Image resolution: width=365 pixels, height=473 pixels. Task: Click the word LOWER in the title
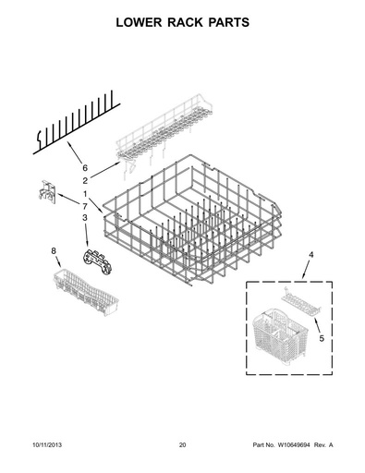click(x=139, y=22)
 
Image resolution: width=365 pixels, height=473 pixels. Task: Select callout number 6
click(x=85, y=168)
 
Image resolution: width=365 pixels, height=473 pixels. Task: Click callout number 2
click(x=85, y=181)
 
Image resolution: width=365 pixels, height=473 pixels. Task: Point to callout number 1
click(x=85, y=194)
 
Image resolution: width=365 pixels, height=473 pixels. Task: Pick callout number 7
click(x=85, y=206)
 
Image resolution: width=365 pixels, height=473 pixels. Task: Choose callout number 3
click(x=85, y=218)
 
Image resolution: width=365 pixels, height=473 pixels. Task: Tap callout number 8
click(x=54, y=251)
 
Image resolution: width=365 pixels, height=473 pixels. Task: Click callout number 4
click(x=311, y=255)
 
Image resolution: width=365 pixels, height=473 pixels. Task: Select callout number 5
click(x=322, y=338)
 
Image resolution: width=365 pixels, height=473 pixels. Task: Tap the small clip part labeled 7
click(x=47, y=192)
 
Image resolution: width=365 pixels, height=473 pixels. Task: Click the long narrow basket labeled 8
click(x=86, y=292)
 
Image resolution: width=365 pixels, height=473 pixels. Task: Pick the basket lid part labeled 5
click(x=301, y=302)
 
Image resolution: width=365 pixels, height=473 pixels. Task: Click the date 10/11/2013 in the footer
click(x=47, y=444)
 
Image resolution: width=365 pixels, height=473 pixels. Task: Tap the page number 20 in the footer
click(x=183, y=444)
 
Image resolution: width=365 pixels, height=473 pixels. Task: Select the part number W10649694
click(x=296, y=444)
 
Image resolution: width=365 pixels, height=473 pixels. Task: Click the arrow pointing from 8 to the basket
click(x=58, y=261)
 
